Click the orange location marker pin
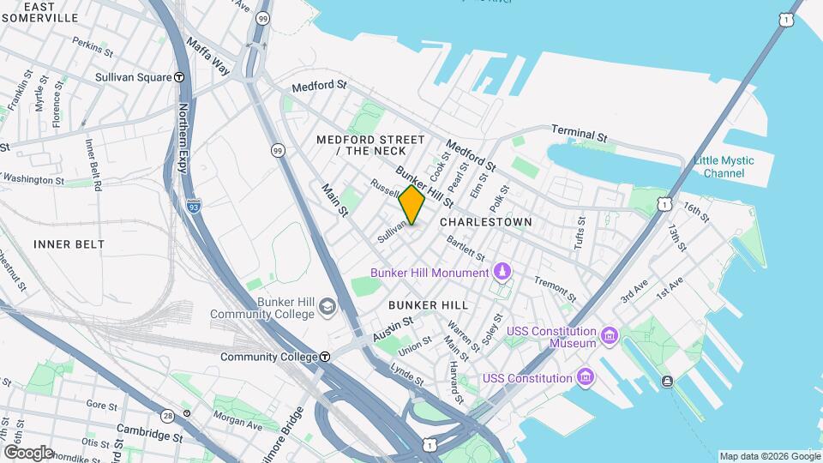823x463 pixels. [x=412, y=205]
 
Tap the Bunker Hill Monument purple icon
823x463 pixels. [x=502, y=273]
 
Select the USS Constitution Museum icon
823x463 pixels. [x=609, y=334]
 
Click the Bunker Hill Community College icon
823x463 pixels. [x=327, y=306]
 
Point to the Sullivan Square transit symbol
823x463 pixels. [x=179, y=77]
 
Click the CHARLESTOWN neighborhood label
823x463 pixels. [x=485, y=222]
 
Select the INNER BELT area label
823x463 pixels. [x=69, y=244]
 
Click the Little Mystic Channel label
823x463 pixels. [x=724, y=166]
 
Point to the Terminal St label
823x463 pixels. [x=579, y=135]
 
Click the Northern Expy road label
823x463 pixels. [x=183, y=137]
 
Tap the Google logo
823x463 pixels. [x=27, y=452]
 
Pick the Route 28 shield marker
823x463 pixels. [x=167, y=415]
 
